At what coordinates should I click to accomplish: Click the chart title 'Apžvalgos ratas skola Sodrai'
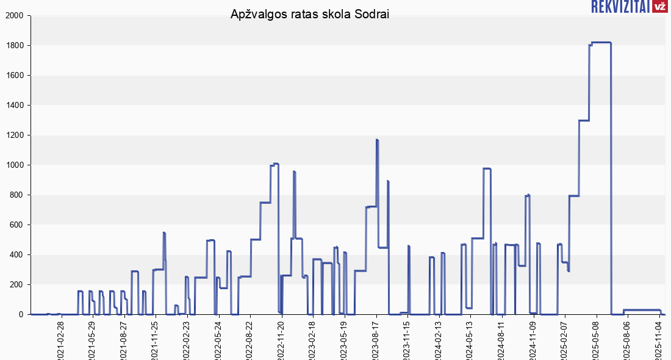click(310, 14)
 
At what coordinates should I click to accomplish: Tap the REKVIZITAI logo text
click(620, 7)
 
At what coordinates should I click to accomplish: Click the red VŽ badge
click(659, 7)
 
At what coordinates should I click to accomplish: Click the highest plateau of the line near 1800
click(601, 42)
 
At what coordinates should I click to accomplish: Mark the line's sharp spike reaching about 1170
click(377, 140)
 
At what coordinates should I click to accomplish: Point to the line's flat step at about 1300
click(584, 120)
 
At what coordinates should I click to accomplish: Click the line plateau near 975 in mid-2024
click(487, 168)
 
